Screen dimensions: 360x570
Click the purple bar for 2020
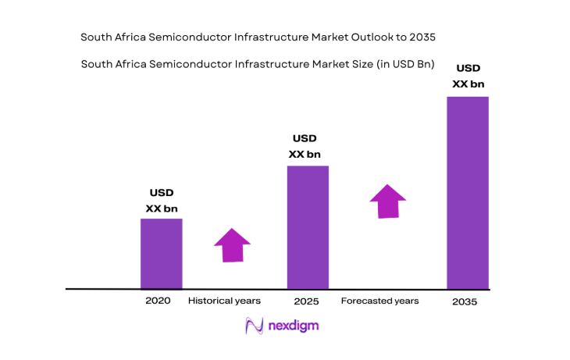point(161,254)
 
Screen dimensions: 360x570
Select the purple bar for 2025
point(308,227)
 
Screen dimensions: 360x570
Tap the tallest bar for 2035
point(467,193)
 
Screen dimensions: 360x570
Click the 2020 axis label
point(158,300)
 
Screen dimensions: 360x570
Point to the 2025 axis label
point(307,301)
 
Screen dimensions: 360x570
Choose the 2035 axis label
point(466,301)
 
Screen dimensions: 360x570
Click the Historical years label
point(224,300)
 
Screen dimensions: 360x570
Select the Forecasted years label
point(379,301)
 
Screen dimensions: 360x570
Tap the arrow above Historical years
point(232,245)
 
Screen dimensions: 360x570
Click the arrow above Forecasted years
point(387,201)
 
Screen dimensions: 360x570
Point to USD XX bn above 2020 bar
point(162,201)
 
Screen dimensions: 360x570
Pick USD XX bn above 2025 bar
point(305,147)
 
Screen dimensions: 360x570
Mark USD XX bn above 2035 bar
point(468,75)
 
